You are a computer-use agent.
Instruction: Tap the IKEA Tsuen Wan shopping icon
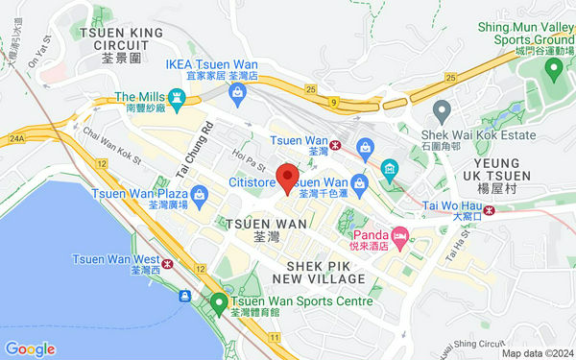click(x=236, y=92)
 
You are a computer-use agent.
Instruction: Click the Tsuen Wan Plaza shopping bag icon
click(x=198, y=196)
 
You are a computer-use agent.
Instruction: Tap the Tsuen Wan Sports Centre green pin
click(x=219, y=303)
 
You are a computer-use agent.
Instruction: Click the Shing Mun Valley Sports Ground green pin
click(x=552, y=69)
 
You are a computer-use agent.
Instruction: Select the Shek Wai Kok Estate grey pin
click(x=442, y=108)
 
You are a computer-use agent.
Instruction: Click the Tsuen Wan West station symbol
click(x=167, y=260)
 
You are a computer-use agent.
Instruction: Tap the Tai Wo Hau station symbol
click(x=489, y=213)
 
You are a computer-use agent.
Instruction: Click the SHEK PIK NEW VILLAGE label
click(x=325, y=271)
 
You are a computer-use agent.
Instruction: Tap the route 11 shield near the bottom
click(x=275, y=338)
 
